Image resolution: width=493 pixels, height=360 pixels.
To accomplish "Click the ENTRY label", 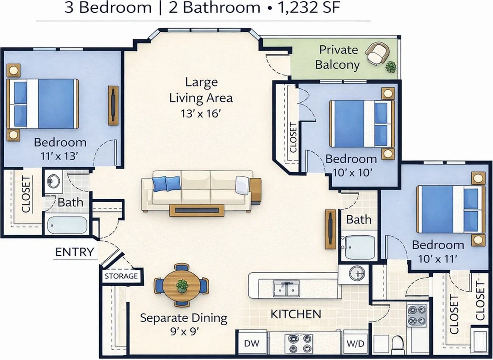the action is (x=75, y=252).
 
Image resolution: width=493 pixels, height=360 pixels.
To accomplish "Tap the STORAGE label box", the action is (x=121, y=276).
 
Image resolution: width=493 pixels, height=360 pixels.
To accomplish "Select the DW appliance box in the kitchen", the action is (x=252, y=343).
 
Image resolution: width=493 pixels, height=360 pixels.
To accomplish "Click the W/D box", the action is (x=355, y=343).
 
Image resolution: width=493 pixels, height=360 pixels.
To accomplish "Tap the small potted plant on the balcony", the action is (x=391, y=67).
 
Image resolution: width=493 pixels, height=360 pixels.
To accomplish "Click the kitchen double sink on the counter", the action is (x=286, y=288).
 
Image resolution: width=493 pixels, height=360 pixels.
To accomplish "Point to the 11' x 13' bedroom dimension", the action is (x=59, y=156).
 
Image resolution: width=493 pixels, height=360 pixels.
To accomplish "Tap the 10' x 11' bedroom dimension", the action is (x=438, y=259).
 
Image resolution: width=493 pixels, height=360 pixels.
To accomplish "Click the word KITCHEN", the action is (x=296, y=314).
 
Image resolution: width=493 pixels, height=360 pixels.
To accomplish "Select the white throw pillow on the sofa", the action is (x=242, y=185).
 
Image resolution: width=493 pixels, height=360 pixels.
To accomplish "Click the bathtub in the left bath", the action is (x=67, y=225).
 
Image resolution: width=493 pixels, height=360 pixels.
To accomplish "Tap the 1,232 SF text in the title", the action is (x=309, y=8).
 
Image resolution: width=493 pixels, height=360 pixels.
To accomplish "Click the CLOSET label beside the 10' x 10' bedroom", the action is (x=293, y=137).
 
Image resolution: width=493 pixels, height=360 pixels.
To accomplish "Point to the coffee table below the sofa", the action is (x=197, y=210).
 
